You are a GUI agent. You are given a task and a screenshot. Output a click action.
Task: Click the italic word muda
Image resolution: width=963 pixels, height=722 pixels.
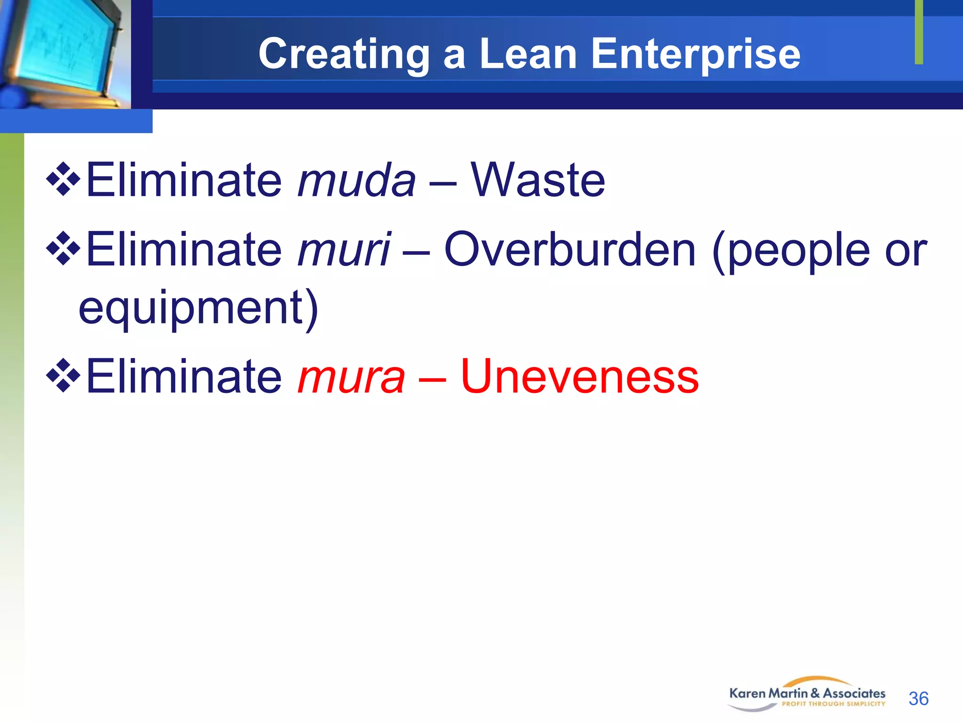click(x=356, y=180)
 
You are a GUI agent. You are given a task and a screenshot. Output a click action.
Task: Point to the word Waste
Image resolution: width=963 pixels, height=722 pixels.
click(x=538, y=180)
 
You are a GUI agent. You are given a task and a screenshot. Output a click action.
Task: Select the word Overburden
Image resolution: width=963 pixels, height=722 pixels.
click(x=569, y=250)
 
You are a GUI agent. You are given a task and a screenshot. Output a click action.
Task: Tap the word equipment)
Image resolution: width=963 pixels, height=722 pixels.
click(x=198, y=308)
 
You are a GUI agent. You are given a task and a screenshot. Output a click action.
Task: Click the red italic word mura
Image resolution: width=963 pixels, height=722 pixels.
click(x=351, y=376)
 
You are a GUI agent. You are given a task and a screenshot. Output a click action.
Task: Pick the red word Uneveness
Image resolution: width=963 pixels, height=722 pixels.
click(x=579, y=376)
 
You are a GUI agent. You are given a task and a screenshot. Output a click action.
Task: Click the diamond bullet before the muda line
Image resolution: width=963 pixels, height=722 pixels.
click(x=63, y=179)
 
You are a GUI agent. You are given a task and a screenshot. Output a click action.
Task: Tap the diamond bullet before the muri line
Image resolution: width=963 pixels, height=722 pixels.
click(x=63, y=249)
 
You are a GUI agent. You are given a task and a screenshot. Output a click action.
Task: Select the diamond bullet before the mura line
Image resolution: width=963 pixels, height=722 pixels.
click(x=63, y=375)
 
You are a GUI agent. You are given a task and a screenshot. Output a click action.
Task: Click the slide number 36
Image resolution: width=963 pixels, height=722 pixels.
click(x=918, y=698)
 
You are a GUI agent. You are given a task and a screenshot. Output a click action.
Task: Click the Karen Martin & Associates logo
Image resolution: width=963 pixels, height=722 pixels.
click(x=807, y=693)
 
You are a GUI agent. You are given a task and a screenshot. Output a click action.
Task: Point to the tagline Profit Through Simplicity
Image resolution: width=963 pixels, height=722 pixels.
click(x=833, y=704)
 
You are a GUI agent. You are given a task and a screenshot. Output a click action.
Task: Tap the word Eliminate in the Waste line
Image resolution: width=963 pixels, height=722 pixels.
click(x=184, y=180)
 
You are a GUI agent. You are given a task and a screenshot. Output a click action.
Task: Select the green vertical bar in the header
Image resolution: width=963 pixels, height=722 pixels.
click(x=919, y=32)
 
